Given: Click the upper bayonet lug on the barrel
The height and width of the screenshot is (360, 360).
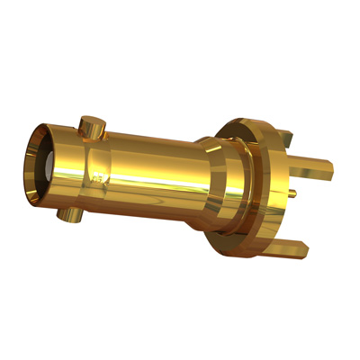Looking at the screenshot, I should (x=90, y=126).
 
